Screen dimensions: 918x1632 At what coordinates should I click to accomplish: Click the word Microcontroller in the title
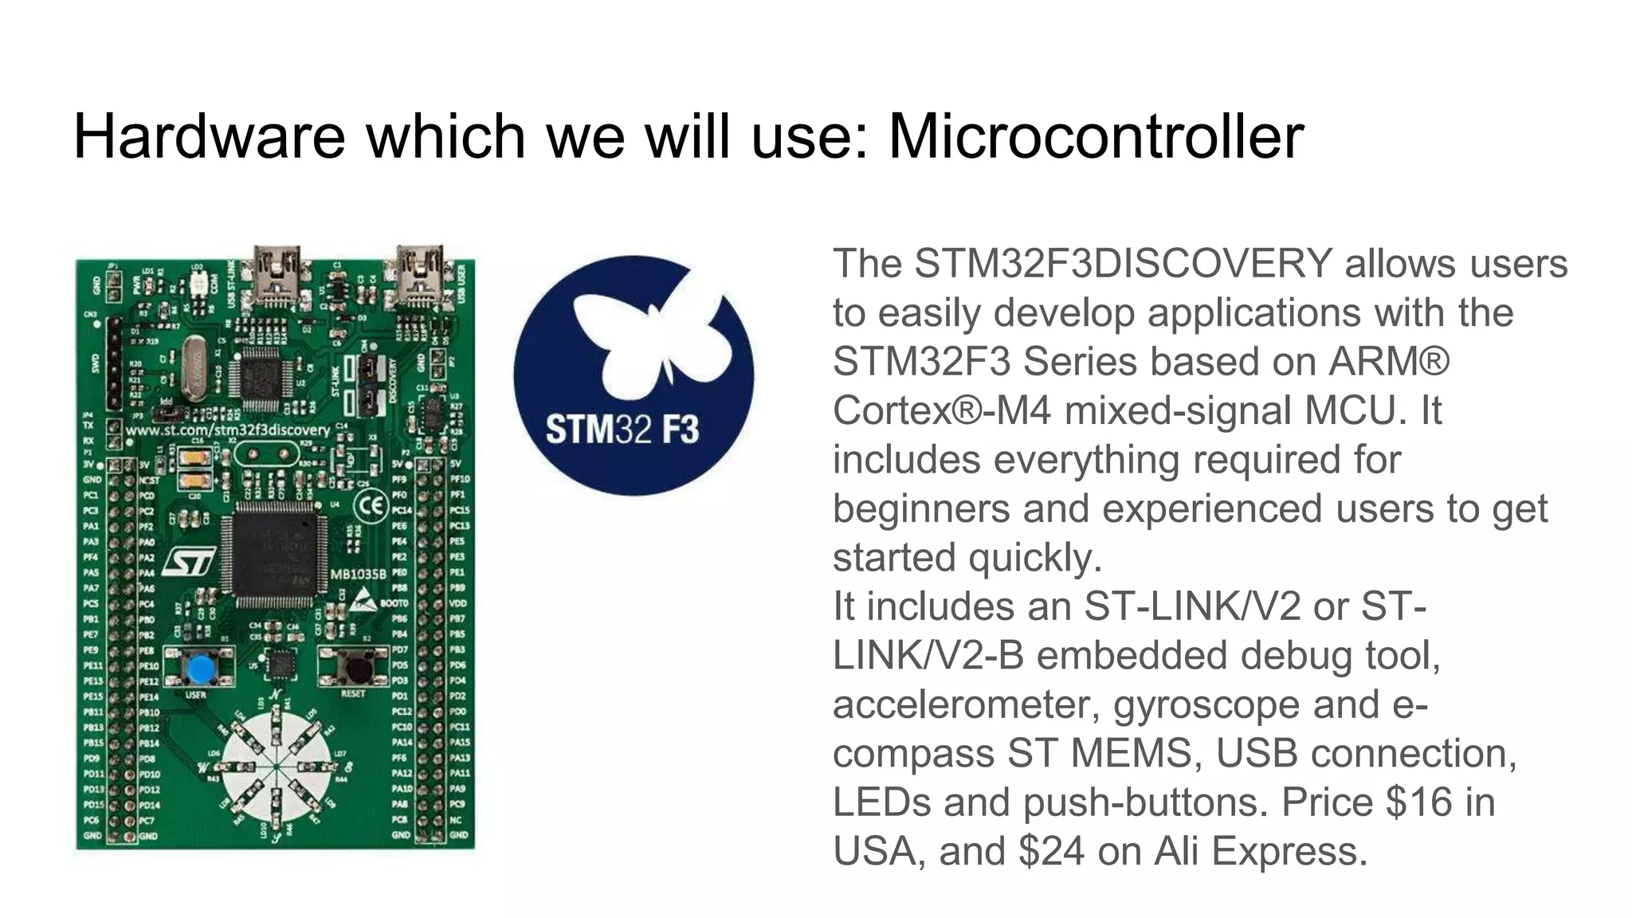(1096, 136)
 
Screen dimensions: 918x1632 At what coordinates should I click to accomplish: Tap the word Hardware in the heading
(209, 136)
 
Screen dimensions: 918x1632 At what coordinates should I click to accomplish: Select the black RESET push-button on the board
(351, 665)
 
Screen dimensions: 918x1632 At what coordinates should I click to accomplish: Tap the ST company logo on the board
(189, 562)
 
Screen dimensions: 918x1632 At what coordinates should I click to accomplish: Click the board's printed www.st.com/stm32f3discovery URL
(228, 430)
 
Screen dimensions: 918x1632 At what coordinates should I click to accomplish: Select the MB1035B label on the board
(359, 574)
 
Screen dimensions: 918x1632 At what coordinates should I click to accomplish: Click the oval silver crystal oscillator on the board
(194, 367)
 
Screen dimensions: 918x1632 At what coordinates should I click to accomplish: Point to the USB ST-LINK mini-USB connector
(277, 275)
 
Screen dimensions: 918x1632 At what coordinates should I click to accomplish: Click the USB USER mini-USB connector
(419, 275)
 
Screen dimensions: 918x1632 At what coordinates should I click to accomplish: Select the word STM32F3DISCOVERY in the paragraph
(1123, 264)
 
